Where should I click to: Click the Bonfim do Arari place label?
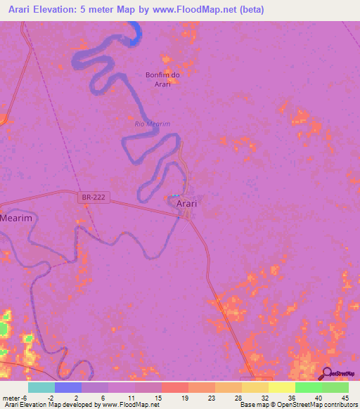coord(162,79)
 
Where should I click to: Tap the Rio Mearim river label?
coord(153,124)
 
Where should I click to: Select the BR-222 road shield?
coord(93,199)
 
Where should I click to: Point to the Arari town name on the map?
coord(186,203)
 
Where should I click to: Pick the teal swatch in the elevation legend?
coord(41,387)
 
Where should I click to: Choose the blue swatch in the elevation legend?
coord(68,387)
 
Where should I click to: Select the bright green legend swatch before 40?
coord(309,387)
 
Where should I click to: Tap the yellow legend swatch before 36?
coord(282,387)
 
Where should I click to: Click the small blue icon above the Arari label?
coord(176,195)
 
